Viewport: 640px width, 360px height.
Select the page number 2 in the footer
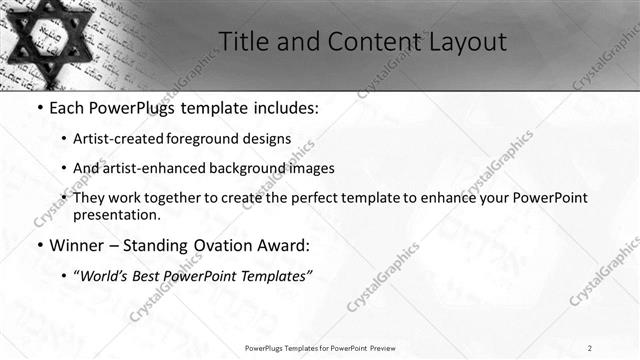[x=589, y=348]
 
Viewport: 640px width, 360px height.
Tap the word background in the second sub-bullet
[x=245, y=168]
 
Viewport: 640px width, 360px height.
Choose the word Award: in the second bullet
[x=286, y=244]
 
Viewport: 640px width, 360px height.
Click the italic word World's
[x=106, y=275]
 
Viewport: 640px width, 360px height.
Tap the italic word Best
[x=152, y=275]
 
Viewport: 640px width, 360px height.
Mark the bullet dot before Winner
[x=39, y=245]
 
